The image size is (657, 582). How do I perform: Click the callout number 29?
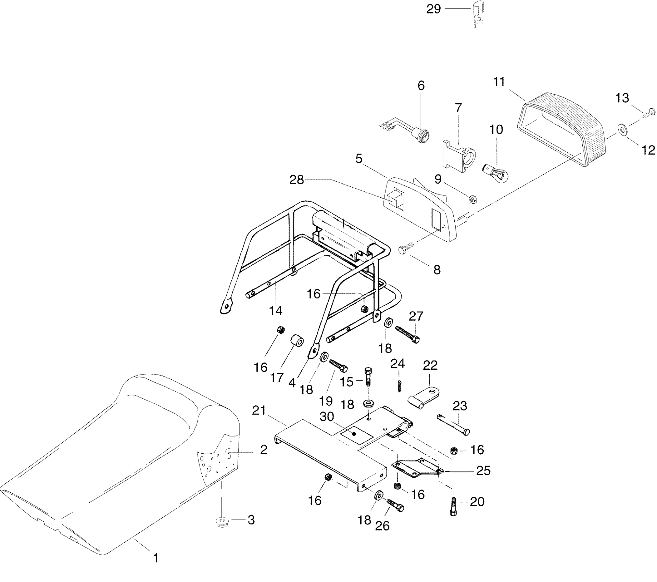coord(433,9)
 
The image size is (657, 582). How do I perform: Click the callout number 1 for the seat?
coord(156,558)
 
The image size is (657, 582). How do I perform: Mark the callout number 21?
coord(259,410)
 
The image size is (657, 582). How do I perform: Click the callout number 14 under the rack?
coord(276,311)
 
